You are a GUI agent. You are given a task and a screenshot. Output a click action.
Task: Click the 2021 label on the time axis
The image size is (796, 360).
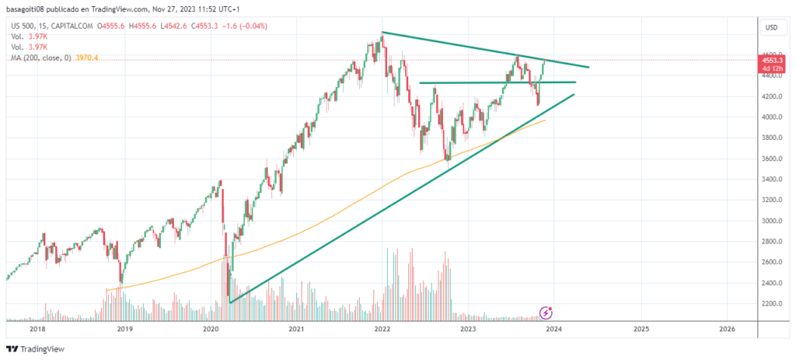[x=295, y=329]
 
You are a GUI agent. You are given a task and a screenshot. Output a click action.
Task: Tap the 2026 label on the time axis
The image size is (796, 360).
[x=727, y=329]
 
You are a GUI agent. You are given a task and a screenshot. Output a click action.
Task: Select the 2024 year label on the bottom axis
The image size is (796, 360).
[x=553, y=329]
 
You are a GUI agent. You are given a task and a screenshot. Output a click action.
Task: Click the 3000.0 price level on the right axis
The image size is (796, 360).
[x=771, y=221]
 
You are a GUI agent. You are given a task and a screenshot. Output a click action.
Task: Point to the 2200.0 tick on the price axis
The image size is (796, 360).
[x=771, y=303]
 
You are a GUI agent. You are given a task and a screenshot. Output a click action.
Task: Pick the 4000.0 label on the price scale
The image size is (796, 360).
[x=771, y=117]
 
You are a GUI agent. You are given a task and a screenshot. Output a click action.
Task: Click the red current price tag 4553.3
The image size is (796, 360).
[x=772, y=59]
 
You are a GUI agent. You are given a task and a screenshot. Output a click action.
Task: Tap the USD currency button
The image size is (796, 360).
[x=772, y=27]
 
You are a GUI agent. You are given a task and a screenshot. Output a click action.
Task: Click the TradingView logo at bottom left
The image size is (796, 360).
[x=36, y=349]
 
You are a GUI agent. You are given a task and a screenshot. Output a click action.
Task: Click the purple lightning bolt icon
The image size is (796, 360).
[x=546, y=313]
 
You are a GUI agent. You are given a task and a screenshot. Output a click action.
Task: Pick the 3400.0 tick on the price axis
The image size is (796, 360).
[x=771, y=180]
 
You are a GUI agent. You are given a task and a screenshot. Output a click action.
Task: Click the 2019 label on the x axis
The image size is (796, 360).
[x=123, y=329]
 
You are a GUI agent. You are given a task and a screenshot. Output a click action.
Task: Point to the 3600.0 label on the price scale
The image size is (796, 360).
[x=771, y=159]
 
